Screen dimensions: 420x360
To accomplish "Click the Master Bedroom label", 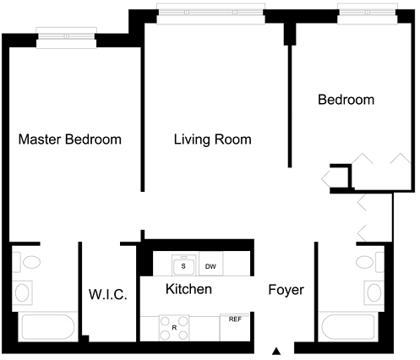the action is (x=70, y=139).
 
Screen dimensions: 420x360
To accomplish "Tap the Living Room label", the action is (x=213, y=139).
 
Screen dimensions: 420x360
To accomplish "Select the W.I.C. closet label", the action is (x=108, y=294).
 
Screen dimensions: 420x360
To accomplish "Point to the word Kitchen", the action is (x=188, y=289).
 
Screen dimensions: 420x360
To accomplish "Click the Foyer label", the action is (x=286, y=290).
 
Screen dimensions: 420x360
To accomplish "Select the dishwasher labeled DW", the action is (x=210, y=264).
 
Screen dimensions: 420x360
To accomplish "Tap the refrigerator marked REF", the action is (x=235, y=327).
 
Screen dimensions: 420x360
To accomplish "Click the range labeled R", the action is (x=174, y=328).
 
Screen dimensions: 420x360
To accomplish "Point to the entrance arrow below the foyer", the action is (x=276, y=351).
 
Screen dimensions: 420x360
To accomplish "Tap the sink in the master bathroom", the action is (x=22, y=292).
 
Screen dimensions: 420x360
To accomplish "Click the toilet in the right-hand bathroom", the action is (x=370, y=262).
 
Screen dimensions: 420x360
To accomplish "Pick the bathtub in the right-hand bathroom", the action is (x=348, y=327).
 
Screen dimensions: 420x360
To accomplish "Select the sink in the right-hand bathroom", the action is (x=374, y=292).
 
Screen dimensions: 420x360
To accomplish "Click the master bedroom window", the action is (x=67, y=38).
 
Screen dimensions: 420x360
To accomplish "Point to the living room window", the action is (x=210, y=14).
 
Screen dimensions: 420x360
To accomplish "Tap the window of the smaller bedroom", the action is (x=368, y=14).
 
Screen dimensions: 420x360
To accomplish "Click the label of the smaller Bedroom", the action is (x=346, y=100).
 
